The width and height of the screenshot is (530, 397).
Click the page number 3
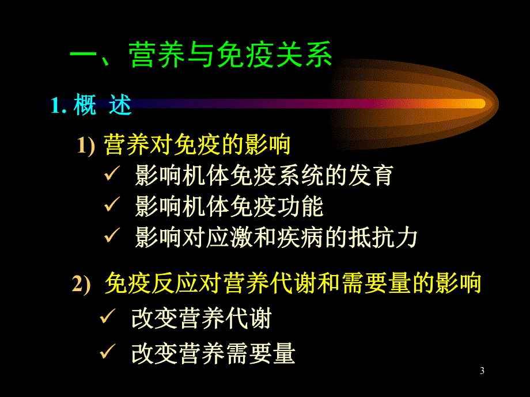tap(482, 371)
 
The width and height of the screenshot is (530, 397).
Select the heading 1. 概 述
tap(91, 105)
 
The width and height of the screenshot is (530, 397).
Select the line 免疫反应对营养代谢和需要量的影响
tap(293, 284)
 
